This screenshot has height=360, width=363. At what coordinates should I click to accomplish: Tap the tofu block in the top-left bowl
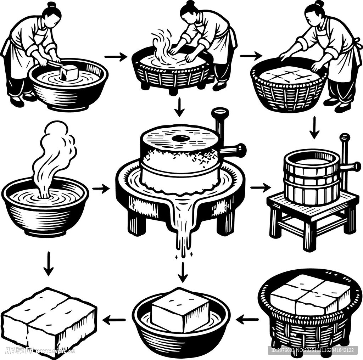click(x=69, y=73)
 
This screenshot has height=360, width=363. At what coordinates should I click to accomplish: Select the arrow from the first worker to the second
click(x=116, y=57)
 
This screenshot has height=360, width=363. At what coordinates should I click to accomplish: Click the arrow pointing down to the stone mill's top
click(x=180, y=107)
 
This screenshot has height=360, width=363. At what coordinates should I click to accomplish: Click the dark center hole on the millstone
click(x=180, y=138)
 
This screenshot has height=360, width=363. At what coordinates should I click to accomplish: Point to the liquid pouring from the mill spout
click(x=184, y=230)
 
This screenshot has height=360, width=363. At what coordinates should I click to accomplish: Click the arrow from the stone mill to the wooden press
click(x=261, y=187)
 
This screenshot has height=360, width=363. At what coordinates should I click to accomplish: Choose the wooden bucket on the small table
click(x=312, y=177)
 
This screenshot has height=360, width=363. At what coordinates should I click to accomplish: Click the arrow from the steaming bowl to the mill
click(x=101, y=189)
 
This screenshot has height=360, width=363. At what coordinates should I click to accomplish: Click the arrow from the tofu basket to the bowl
click(x=247, y=320)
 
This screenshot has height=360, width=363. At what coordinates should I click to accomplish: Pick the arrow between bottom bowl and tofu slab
click(x=114, y=321)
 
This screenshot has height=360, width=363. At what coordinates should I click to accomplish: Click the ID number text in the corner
click(x=312, y=350)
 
